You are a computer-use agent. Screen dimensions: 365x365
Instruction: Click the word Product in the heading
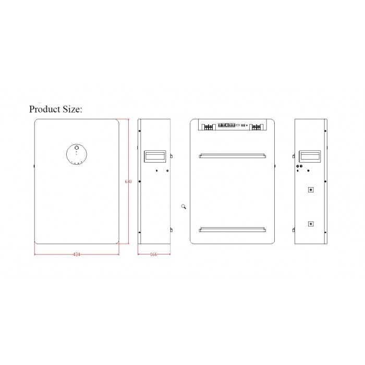[45, 109]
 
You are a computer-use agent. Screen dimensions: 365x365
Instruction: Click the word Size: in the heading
[72, 109]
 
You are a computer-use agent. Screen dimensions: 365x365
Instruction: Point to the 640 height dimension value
[128, 181]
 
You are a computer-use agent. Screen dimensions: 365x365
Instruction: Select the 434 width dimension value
[77, 254]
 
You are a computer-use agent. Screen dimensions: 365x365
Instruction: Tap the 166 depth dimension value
[153, 254]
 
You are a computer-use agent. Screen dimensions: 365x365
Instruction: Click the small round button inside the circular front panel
[77, 148]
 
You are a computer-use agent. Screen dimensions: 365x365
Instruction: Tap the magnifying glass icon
[184, 206]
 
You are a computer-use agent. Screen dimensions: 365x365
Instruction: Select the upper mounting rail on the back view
[233, 155]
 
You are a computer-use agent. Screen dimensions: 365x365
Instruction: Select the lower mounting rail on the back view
[233, 229]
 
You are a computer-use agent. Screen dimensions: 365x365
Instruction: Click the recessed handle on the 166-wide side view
[155, 156]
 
